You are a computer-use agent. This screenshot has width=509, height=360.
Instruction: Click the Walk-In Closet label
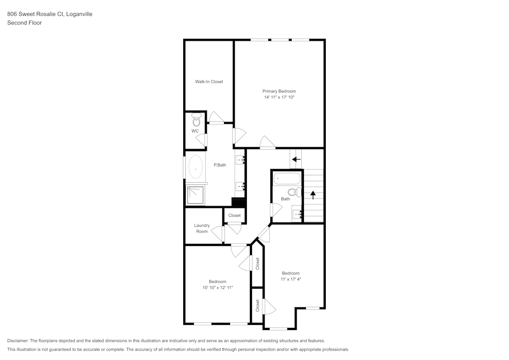click(209, 81)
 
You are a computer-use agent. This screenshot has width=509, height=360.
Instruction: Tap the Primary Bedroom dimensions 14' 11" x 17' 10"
click(279, 97)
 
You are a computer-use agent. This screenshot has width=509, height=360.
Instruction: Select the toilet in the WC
click(196, 121)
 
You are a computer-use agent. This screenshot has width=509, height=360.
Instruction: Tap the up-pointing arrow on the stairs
click(314, 194)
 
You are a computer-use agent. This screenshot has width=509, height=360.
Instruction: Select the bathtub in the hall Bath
click(286, 179)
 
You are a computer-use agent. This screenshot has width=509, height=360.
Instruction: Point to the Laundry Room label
click(202, 229)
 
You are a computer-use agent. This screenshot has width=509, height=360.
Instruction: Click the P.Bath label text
click(220, 165)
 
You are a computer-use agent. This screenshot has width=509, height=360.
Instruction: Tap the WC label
click(194, 131)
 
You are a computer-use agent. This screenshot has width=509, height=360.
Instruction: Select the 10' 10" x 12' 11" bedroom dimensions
click(217, 288)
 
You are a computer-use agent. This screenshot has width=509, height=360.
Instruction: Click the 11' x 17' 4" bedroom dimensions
click(291, 279)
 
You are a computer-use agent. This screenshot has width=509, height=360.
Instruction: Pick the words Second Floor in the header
click(24, 23)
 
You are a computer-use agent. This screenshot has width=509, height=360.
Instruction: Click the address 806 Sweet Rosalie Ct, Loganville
click(49, 14)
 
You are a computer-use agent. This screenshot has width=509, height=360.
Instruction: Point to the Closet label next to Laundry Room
click(234, 215)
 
